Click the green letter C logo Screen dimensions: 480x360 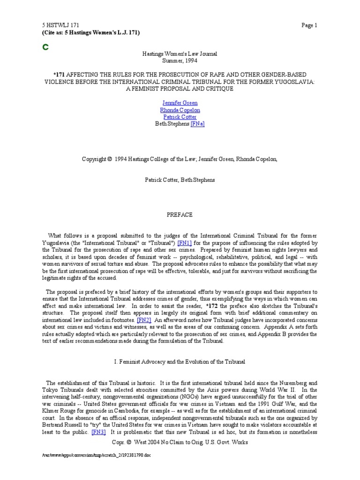click(46, 47)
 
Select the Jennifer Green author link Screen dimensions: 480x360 click(180, 103)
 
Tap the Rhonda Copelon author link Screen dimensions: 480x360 click(180, 110)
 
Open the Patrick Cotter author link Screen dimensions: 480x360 click(180, 117)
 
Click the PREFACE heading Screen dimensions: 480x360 click(180, 215)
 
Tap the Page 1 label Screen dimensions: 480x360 click(310, 26)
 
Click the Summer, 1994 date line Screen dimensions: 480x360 click(180, 61)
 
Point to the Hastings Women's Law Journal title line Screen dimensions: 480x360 click(180, 54)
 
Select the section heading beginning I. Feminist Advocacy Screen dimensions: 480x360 click(180, 363)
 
